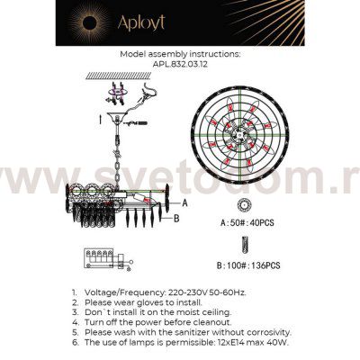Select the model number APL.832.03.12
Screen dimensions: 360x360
pos(179,64)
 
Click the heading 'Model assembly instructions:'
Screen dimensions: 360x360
pos(179,54)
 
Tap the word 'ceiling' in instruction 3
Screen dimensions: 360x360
pos(206,312)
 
